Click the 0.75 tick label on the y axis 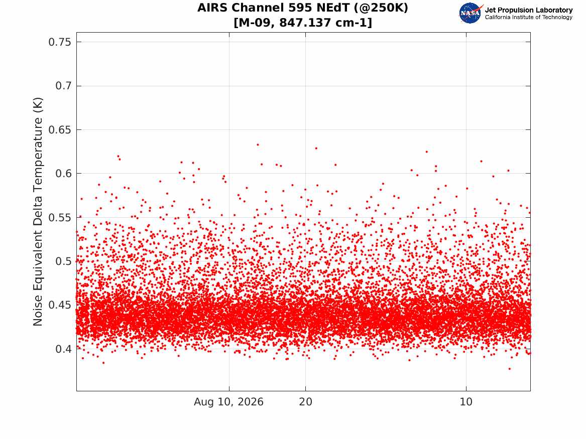(60, 42)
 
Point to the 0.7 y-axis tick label (63, 86)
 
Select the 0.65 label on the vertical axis (60, 130)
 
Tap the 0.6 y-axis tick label (63, 174)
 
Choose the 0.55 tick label (60, 217)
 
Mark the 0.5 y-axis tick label (63, 261)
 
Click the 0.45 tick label (60, 305)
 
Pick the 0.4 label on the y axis (63, 349)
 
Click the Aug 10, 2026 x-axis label (228, 402)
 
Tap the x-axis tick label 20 (306, 402)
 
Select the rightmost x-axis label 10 (466, 402)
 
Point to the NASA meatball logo (471, 13)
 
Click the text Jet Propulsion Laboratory (528, 10)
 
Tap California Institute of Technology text (528, 17)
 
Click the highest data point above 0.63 (258, 144)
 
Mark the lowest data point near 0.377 (509, 369)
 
